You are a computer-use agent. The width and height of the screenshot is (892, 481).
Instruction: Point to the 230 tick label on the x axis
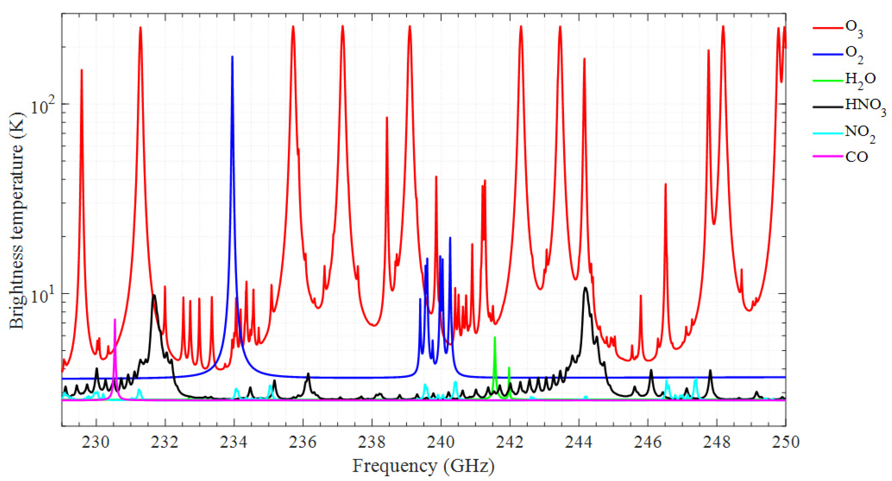pyautogui.click(x=97, y=442)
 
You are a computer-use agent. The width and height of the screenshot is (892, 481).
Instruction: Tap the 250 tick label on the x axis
pyautogui.click(x=785, y=442)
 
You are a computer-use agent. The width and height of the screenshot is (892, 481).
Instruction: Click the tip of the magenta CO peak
pyautogui.click(x=115, y=319)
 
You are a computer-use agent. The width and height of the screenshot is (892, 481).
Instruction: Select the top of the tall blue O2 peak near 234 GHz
pyautogui.click(x=232, y=56)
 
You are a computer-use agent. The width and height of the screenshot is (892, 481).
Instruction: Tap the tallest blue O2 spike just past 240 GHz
pyautogui.click(x=450, y=238)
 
